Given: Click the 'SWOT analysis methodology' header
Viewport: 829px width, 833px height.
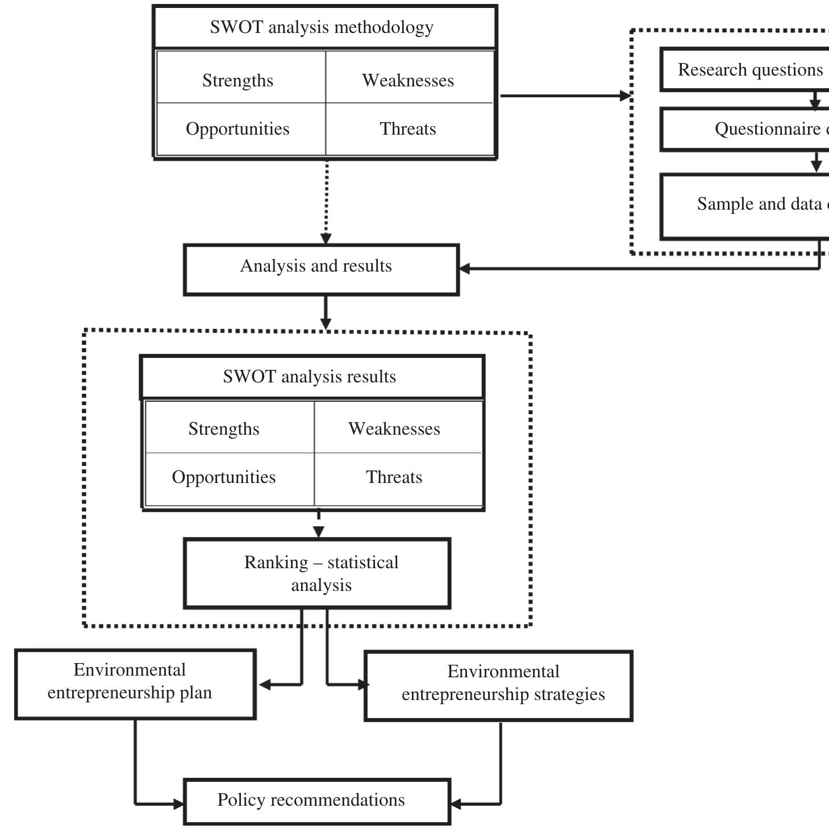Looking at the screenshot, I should click(322, 27).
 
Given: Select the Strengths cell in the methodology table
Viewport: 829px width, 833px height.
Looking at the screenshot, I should click(238, 80).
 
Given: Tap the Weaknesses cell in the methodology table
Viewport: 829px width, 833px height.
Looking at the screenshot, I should click(408, 80).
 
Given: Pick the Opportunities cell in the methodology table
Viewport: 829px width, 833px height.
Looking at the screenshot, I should click(238, 129).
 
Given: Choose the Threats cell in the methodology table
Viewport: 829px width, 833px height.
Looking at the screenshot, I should click(408, 129).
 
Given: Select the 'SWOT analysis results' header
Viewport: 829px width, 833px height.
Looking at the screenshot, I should click(309, 377).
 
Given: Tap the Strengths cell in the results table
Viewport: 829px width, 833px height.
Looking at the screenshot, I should click(224, 429).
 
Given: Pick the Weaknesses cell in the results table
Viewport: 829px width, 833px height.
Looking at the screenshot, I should click(394, 429).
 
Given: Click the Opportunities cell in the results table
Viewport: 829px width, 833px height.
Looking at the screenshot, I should click(224, 477).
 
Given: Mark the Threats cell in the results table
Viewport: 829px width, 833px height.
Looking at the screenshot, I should click(394, 477).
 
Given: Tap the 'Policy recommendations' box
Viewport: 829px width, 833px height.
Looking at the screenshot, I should click(311, 801).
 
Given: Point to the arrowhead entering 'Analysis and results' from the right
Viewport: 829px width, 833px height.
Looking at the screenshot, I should click(465, 269).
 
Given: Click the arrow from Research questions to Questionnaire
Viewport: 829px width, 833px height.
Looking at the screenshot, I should click(815, 100).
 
